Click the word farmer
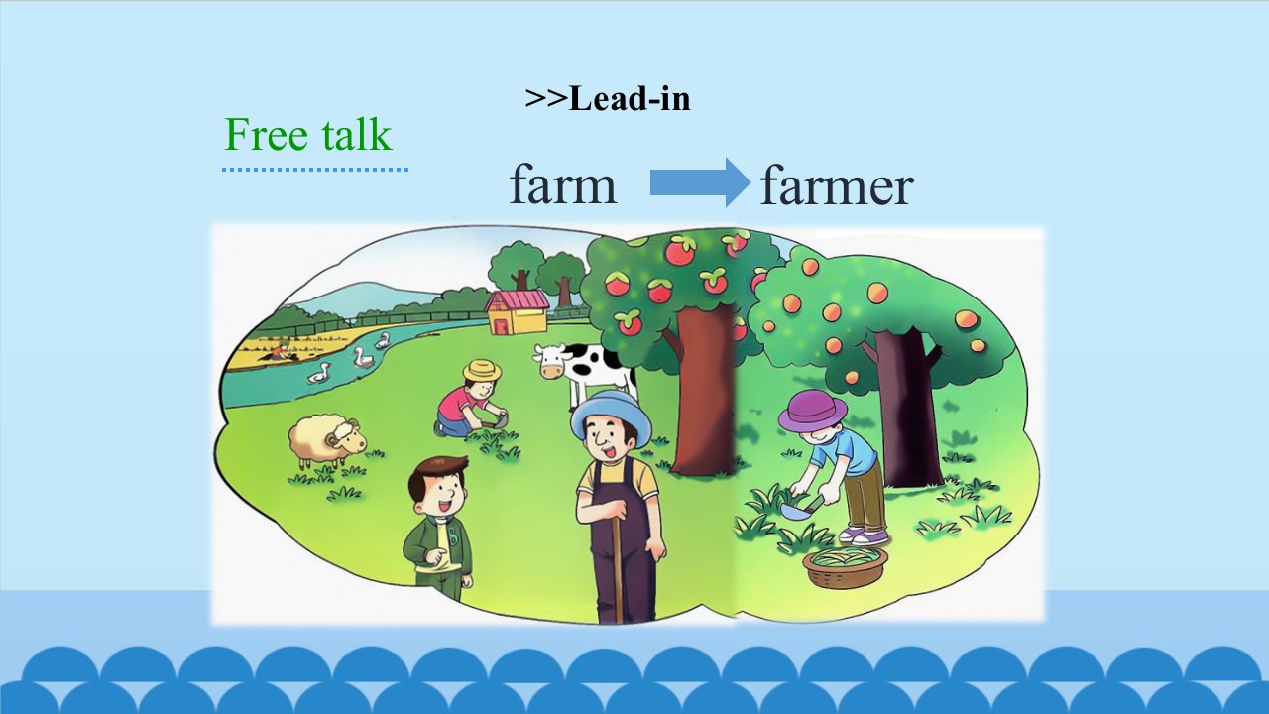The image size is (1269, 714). click(x=836, y=184)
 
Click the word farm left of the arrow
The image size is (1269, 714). click(x=562, y=184)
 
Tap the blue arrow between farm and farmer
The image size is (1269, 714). click(x=700, y=182)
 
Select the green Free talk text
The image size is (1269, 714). click(x=308, y=134)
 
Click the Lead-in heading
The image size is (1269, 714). click(x=608, y=98)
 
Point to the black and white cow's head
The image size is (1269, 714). click(x=550, y=361)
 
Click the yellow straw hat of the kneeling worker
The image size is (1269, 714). click(x=482, y=371)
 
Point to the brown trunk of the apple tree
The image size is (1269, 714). click(x=704, y=391)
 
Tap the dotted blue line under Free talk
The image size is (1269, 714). click(x=315, y=169)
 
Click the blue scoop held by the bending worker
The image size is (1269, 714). click(x=798, y=510)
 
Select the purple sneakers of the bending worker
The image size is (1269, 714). click(x=863, y=535)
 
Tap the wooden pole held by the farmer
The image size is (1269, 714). click(x=618, y=566)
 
